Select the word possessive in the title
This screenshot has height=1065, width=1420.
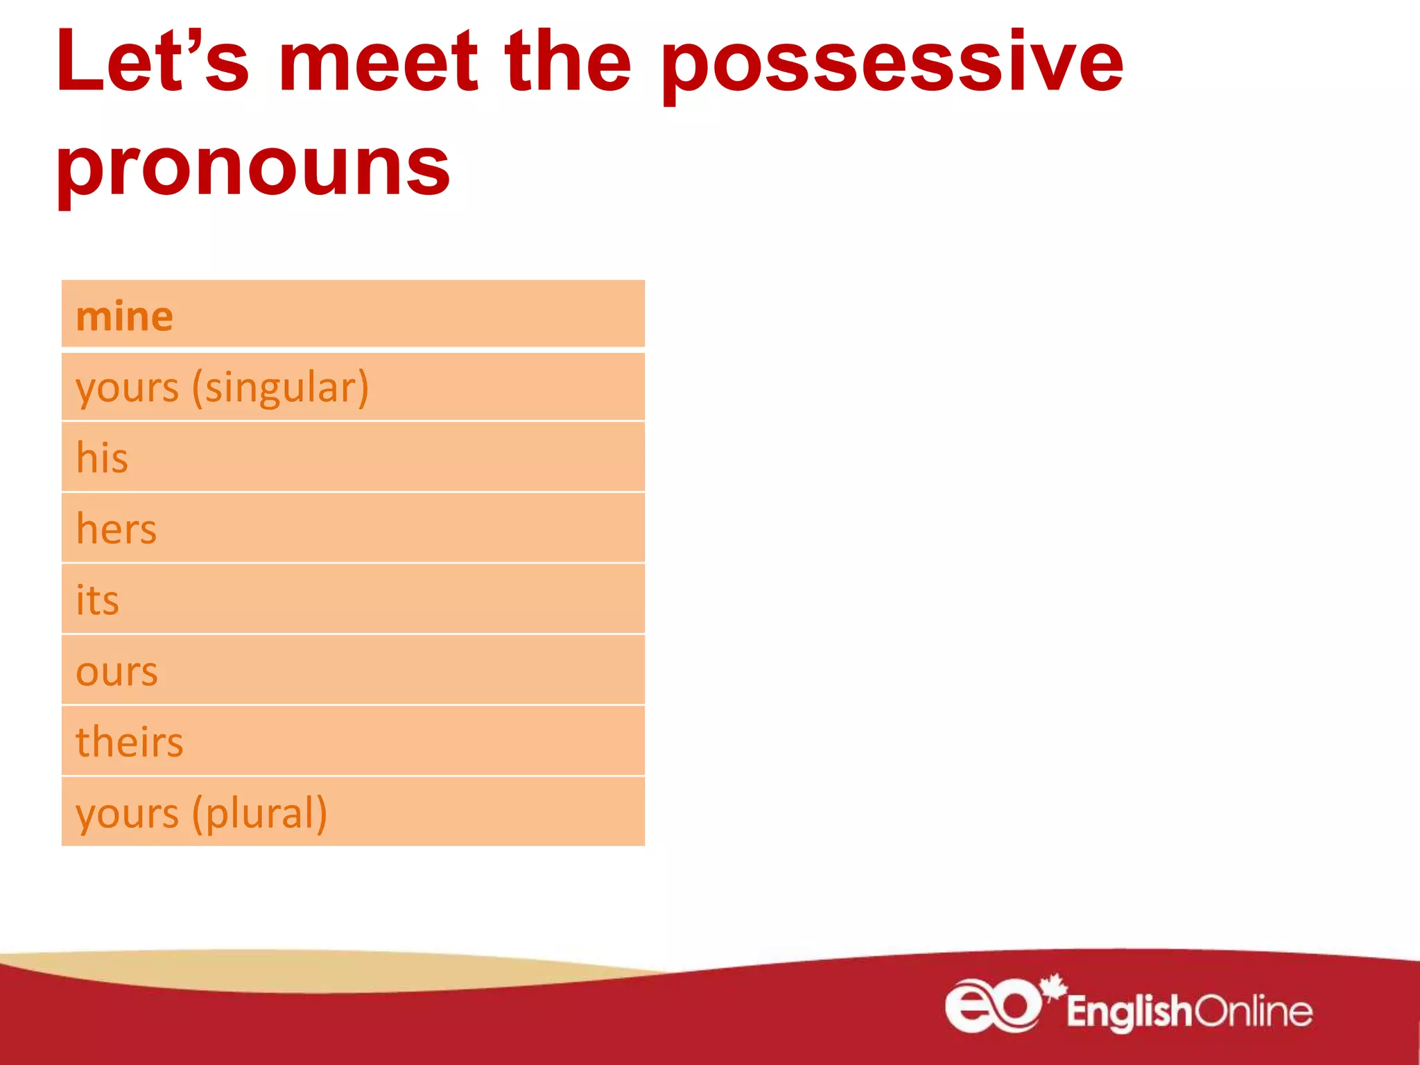(x=892, y=66)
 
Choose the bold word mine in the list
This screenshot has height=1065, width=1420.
(x=124, y=316)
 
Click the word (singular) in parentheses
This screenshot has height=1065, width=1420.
(x=280, y=388)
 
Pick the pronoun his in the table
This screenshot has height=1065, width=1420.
(x=102, y=458)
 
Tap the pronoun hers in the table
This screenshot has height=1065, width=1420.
(x=116, y=529)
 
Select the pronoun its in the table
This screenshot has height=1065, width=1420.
(x=97, y=600)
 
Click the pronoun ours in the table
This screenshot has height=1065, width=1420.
(x=116, y=672)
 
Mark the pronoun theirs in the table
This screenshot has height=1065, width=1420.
(x=129, y=742)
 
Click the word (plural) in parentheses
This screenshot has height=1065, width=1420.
(x=259, y=814)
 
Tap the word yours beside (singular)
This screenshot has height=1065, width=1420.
(x=127, y=388)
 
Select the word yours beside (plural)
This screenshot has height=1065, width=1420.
(x=127, y=814)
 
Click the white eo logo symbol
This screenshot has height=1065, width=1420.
(x=992, y=1005)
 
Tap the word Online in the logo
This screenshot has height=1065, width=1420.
(x=1254, y=1011)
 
